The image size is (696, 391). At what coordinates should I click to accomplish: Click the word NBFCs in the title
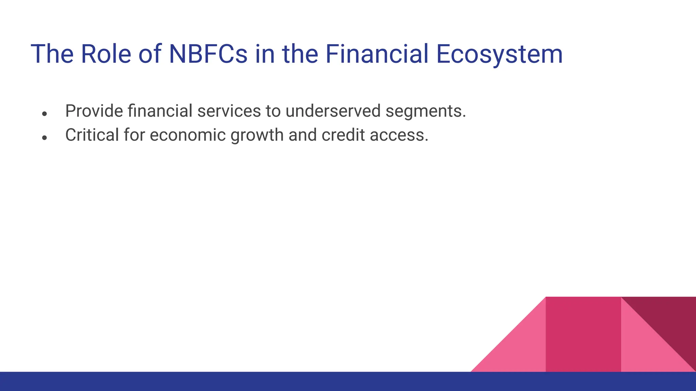coord(208,54)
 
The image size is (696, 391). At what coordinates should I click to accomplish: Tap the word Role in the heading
coord(106,54)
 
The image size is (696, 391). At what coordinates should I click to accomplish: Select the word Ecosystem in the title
coord(499,54)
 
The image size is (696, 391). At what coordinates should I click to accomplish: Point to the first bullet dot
coord(44,114)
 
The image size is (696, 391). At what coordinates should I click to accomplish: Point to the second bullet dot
coord(44,138)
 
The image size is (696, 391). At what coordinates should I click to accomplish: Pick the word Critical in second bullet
coord(92,135)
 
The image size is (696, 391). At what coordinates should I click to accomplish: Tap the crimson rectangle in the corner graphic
coord(583,334)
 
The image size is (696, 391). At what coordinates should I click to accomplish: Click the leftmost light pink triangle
coord(520,350)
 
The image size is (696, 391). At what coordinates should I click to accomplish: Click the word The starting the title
coord(52,54)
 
